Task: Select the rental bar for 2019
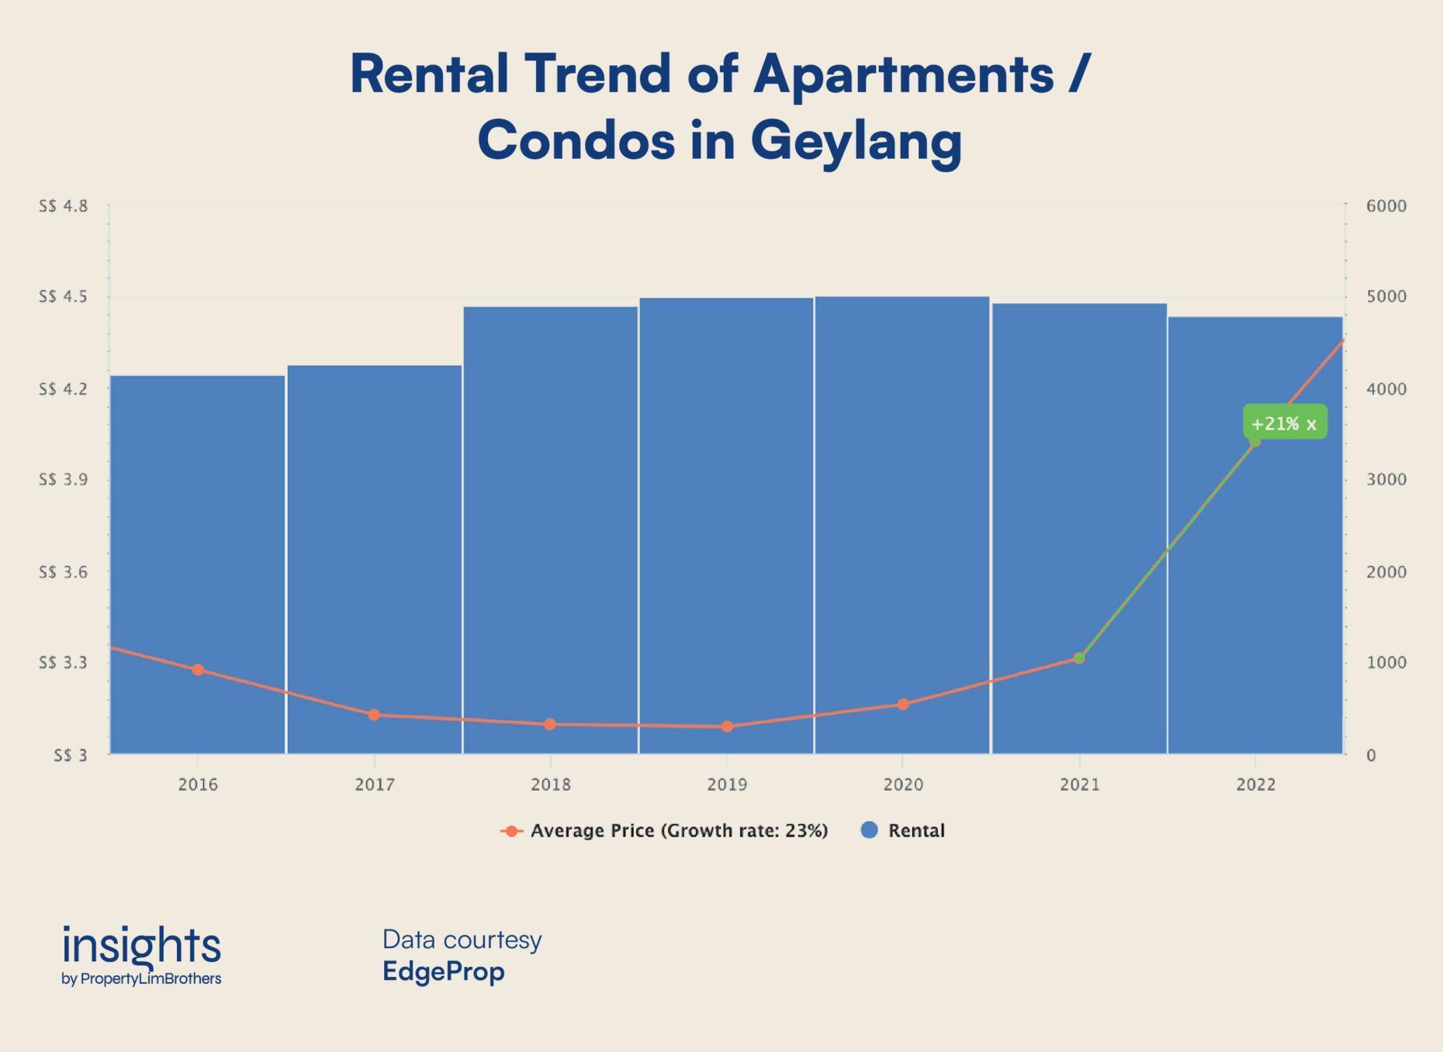point(726,504)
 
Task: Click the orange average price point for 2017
point(374,715)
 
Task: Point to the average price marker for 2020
point(903,705)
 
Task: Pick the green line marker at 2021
point(1079,658)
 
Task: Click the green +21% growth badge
point(1284,423)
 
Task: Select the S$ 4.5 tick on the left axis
point(64,297)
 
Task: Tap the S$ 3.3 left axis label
point(64,663)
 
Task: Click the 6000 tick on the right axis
point(1386,206)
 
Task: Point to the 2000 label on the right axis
point(1386,572)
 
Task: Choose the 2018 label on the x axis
point(551,785)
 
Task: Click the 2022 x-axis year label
point(1255,785)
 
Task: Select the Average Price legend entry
point(665,831)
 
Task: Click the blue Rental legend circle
point(870,830)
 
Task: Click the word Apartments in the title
point(903,74)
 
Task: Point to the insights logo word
point(141,945)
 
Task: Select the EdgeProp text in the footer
point(443,971)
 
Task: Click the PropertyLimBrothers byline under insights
point(151,979)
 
